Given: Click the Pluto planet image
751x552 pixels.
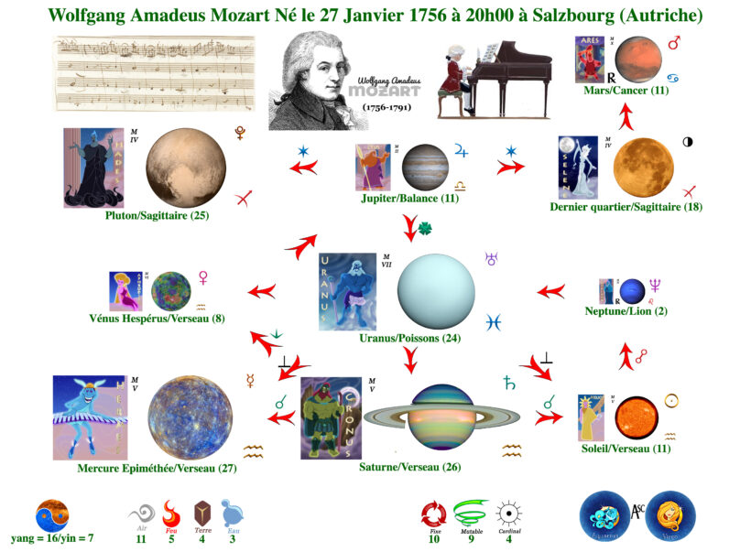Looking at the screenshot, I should (x=185, y=168).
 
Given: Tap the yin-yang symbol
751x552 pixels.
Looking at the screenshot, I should (x=52, y=515).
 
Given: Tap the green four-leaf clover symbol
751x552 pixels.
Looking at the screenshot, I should (x=424, y=227).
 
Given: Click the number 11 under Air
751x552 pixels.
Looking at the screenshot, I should (x=141, y=539).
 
